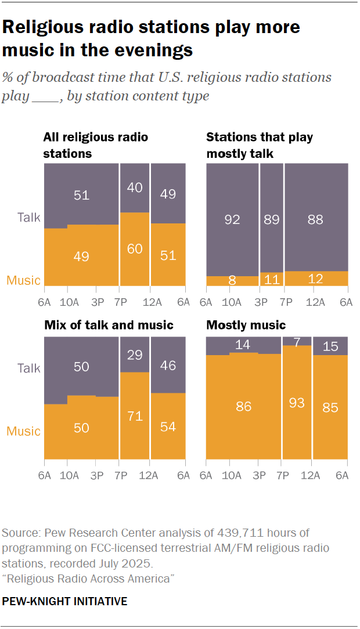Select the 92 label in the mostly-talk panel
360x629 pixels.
(x=233, y=220)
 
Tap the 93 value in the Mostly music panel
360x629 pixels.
(x=297, y=402)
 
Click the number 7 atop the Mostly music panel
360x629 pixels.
(x=297, y=342)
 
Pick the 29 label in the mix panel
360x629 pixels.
(x=135, y=353)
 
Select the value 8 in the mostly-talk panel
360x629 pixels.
(x=233, y=281)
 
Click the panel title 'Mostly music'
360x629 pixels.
(x=246, y=325)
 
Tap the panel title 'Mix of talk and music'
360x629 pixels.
(x=109, y=325)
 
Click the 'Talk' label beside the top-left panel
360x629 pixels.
(x=28, y=217)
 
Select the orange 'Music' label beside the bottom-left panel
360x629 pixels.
(x=23, y=431)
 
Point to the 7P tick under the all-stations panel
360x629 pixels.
(x=120, y=302)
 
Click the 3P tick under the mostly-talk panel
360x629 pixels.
(x=261, y=302)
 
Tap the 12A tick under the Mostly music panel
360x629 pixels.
(x=312, y=476)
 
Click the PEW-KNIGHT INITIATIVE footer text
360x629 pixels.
(x=64, y=601)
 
